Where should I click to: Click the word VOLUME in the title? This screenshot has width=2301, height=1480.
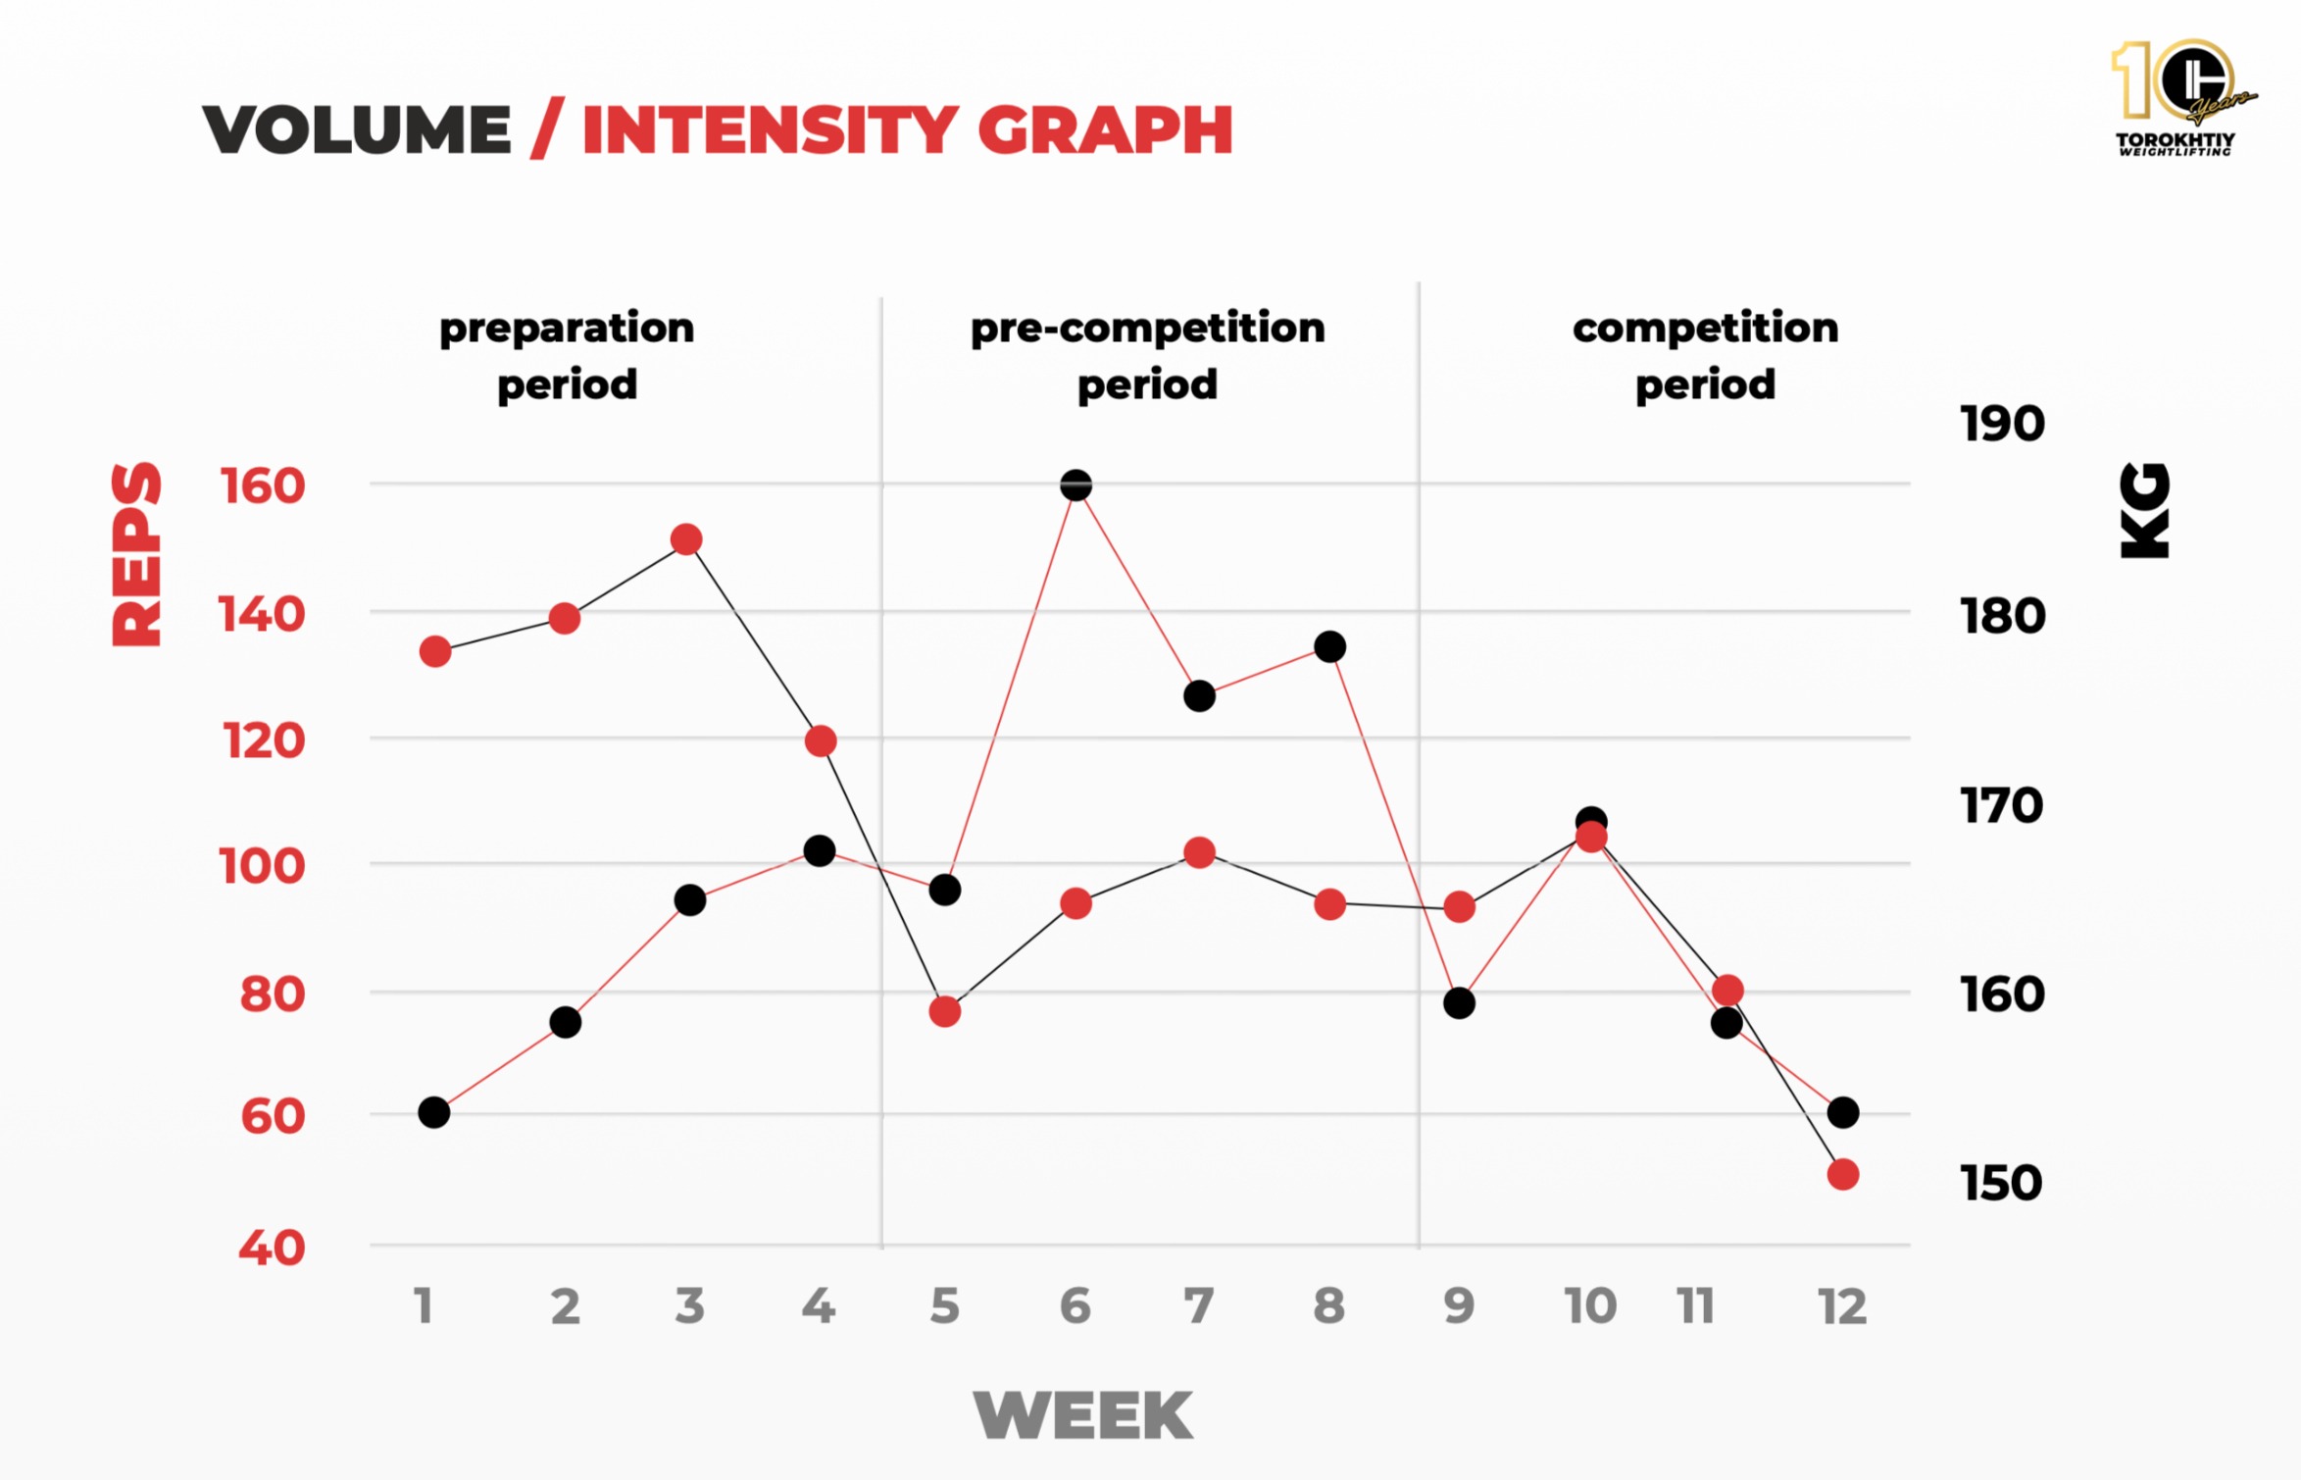click(x=357, y=129)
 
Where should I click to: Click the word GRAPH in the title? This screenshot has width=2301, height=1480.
click(x=1105, y=129)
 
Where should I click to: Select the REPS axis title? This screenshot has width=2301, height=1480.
click(x=136, y=554)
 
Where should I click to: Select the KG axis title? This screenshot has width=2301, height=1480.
click(x=2145, y=510)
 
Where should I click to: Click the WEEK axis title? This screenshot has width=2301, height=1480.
click(x=1083, y=1415)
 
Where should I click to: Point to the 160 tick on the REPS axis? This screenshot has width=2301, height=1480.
click(x=262, y=486)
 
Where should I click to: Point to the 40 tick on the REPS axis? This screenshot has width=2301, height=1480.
click(x=272, y=1248)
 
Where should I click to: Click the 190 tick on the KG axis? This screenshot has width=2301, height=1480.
click(x=2002, y=424)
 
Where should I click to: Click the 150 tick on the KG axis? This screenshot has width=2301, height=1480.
click(x=2001, y=1183)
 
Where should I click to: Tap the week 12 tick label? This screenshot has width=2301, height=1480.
click(x=1842, y=1306)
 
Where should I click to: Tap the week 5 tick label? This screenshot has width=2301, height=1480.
click(x=944, y=1306)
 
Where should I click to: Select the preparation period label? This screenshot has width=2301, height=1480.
click(x=567, y=355)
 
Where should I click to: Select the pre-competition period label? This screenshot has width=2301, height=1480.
click(x=1147, y=355)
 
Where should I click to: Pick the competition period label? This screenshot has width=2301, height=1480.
click(x=1705, y=355)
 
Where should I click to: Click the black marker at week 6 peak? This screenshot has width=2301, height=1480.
click(x=1076, y=485)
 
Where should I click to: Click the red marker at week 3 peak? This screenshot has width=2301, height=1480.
click(x=686, y=539)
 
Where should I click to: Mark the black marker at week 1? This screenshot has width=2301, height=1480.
click(x=433, y=1112)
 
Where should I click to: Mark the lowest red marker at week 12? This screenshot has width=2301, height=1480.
click(x=1843, y=1174)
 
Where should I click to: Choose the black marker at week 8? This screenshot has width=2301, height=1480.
click(x=1329, y=646)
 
